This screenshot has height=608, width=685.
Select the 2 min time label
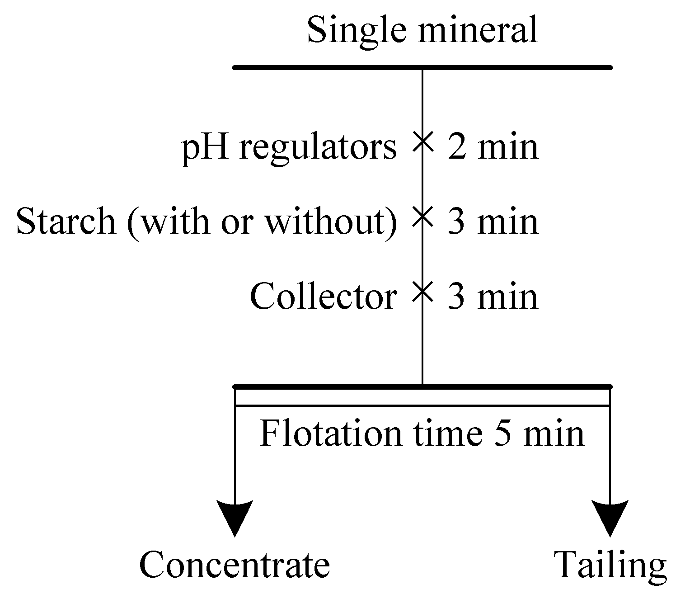pyautogui.click(x=493, y=147)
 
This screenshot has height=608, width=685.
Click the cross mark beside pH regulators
pyautogui.click(x=422, y=141)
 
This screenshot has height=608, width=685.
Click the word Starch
pyautogui.click(x=66, y=222)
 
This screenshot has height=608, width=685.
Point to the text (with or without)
pyautogui.click(x=262, y=222)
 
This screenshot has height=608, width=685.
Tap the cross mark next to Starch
pyautogui.click(x=422, y=216)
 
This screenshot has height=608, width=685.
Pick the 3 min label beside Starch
pyautogui.click(x=493, y=222)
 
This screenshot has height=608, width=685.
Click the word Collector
pyautogui.click(x=323, y=297)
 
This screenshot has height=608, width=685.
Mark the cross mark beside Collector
pyautogui.click(x=422, y=291)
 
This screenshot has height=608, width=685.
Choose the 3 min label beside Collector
pyautogui.click(x=493, y=297)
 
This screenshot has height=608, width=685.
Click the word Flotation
pyautogui.click(x=330, y=433)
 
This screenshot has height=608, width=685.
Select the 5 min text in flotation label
pyautogui.click(x=540, y=433)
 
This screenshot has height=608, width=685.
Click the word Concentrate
pyautogui.click(x=235, y=565)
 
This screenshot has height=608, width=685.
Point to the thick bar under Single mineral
pyautogui.click(x=422, y=68)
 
